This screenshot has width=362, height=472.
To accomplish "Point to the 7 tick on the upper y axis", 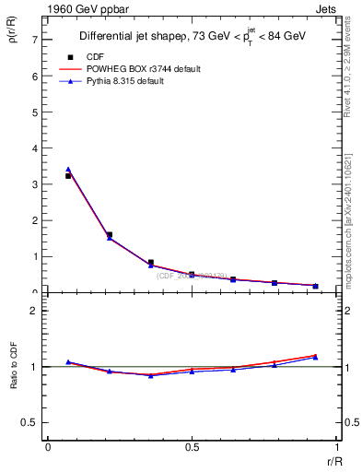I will (34, 40).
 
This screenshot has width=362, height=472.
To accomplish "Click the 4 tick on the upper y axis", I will (34, 148).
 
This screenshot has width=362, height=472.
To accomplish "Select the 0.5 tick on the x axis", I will (192, 447).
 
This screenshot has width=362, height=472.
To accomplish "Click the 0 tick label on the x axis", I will (47, 447).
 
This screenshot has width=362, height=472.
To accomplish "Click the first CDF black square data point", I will (68, 175).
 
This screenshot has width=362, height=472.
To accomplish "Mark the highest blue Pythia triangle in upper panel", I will (68, 170).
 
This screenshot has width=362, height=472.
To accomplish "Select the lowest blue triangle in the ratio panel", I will (150, 375).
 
